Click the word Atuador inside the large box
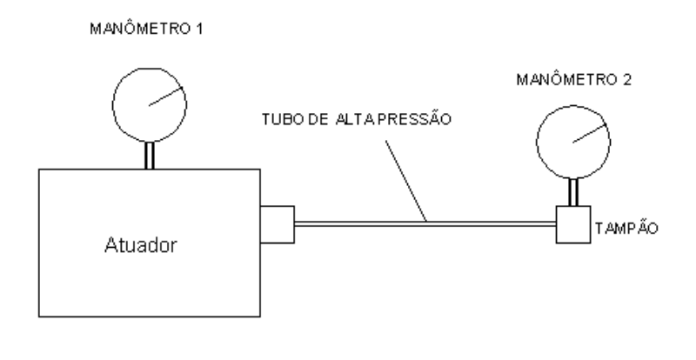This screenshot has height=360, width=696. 141,245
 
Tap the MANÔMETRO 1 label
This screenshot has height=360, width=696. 146,29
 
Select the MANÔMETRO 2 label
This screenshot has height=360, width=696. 574,80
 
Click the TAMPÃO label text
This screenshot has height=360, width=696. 626,228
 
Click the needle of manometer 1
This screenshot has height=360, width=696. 165,97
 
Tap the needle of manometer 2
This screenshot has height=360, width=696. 590,134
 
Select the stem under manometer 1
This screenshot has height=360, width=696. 150,156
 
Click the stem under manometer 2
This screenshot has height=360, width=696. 573,192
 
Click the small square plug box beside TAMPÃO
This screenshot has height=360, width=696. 573,224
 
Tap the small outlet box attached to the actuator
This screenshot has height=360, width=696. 277,224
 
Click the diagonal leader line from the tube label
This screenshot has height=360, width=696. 406,181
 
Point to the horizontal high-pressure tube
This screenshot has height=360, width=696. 425,224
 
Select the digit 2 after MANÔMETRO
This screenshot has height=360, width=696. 626,80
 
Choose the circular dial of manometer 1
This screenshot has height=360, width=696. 113,105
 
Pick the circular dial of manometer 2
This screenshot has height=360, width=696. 537,143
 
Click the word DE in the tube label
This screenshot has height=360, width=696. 318,119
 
